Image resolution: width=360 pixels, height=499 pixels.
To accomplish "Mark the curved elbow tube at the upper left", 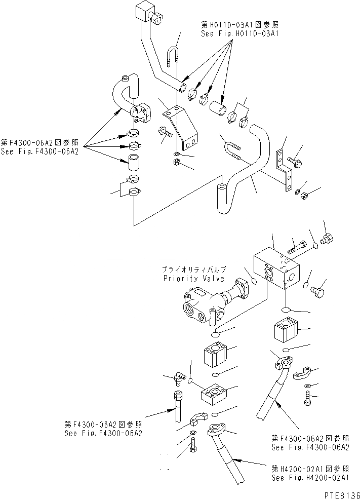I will [127, 94].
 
